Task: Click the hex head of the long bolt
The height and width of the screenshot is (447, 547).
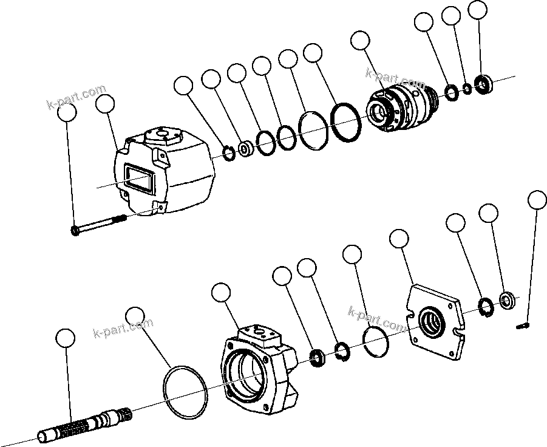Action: (75, 231)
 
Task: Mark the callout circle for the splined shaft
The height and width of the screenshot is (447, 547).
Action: (65, 338)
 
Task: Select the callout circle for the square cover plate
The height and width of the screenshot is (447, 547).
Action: (398, 239)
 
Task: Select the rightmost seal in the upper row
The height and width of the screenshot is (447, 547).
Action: (484, 84)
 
